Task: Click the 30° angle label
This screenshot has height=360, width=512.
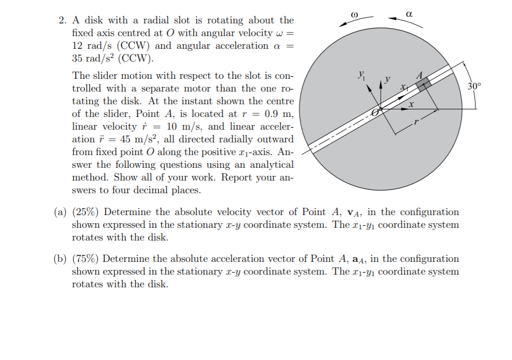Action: point(474,86)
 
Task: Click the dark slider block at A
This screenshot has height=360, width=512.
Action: point(423,85)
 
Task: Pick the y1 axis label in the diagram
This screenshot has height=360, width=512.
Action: point(360,76)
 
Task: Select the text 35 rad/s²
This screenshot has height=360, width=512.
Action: point(95,58)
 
